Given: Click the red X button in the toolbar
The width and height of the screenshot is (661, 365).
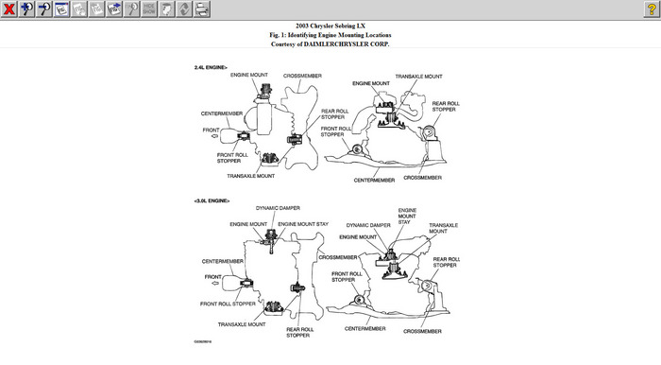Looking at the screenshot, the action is pos(8,9).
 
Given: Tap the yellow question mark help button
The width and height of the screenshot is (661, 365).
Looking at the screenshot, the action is pos(652,9).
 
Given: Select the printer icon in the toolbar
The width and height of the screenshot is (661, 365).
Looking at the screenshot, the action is pos(202,9).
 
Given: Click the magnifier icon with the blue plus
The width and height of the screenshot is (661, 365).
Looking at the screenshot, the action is pos(26,9).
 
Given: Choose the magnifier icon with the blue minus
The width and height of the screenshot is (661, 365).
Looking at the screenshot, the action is pos(44,9).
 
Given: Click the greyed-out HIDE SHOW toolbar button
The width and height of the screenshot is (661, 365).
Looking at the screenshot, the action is pos(149,9).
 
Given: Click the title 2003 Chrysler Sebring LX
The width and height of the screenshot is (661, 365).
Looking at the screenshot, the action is pos(330,26).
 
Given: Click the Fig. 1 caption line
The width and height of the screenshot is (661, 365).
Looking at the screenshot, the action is pos(330,35).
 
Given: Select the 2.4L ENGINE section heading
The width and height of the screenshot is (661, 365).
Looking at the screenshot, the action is pos(211,67).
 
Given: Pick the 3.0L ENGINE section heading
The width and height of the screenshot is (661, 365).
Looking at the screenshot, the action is pos(212,200).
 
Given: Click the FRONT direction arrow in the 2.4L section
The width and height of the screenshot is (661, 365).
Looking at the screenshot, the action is pos(215,136).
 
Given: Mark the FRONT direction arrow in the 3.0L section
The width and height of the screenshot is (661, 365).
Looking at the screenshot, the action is pos(215,283).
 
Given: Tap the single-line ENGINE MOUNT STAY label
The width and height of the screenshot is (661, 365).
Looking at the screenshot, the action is pos(303,224).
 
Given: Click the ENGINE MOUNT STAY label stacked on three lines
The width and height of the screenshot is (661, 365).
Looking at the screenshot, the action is pos(407,216).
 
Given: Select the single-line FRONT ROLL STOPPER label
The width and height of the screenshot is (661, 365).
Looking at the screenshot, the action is pos(228,304).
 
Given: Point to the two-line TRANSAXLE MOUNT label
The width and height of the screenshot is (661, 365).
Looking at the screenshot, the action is pos(444,228).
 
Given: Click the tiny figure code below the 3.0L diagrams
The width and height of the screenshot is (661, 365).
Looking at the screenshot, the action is pos(203,341).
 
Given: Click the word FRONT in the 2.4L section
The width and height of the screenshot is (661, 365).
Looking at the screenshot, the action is pos(211,130).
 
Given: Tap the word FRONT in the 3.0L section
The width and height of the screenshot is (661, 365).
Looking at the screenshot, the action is pos(212,277).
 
